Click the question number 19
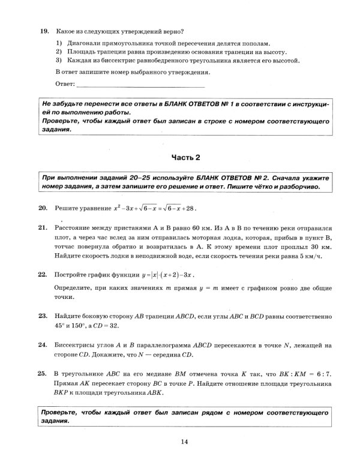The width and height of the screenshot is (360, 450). pos(43,31)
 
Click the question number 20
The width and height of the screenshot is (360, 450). pos(43,208)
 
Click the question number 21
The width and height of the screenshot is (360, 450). pos(43,229)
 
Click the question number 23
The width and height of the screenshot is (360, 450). pos(43,316)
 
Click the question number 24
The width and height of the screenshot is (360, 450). pos(43,346)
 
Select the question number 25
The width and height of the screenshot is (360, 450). pos(43,373)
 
